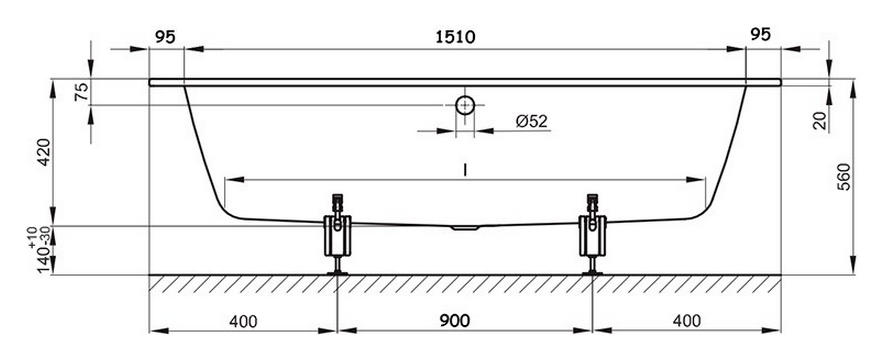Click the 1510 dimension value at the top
(456, 37)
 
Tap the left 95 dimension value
(165, 37)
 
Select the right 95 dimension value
(761, 34)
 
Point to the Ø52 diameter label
(532, 121)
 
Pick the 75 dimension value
(81, 92)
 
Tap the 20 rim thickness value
(820, 121)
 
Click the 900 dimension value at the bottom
(454, 321)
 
